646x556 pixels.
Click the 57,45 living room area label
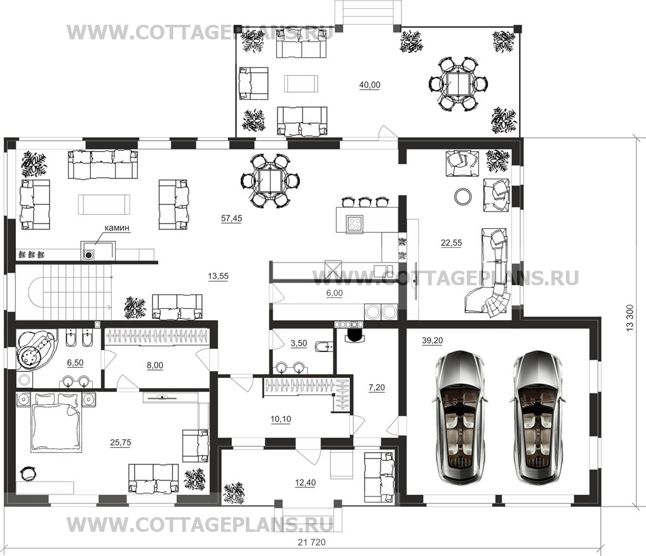coord(232,219)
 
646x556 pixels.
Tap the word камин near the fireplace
coord(117,227)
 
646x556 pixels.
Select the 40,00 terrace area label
coord(370,85)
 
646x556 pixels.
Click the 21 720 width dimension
coord(311,543)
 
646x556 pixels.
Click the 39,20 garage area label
coord(433,341)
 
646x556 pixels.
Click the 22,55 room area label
coord(452,243)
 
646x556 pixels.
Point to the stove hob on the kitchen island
coord(354,224)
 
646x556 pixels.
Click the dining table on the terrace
coord(458,84)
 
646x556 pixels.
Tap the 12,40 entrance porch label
coord(306,482)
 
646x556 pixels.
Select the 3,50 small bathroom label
coord(299,343)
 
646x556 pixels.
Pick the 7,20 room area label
coord(377,388)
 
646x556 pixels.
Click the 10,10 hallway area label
coord(281,419)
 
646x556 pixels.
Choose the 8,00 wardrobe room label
coord(155,365)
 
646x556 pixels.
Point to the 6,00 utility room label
coord(335,293)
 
